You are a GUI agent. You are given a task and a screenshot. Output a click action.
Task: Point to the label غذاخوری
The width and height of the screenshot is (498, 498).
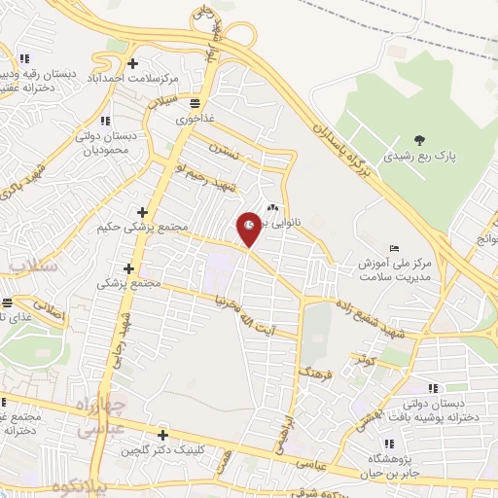pyautogui.click(x=196, y=120)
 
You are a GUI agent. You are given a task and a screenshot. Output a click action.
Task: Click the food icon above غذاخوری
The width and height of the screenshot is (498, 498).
pyautogui.click(x=196, y=103)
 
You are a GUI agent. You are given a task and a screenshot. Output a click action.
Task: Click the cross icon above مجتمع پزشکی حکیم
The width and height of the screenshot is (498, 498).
pyautogui.click(x=143, y=211)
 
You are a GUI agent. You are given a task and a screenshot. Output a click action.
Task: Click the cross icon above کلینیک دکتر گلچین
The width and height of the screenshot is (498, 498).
pyautogui.click(x=162, y=435)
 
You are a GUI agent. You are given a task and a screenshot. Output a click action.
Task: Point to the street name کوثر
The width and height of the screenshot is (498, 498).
pyautogui.click(x=366, y=361)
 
